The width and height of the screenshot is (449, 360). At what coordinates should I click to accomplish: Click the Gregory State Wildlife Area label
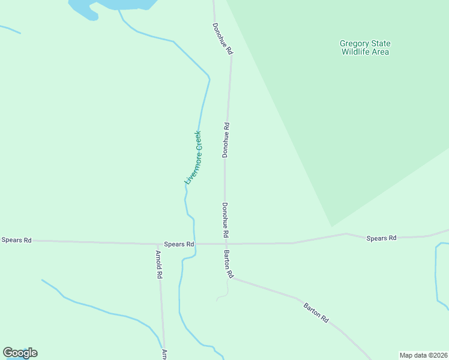365,47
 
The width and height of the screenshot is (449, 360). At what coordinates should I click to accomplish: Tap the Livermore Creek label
193,157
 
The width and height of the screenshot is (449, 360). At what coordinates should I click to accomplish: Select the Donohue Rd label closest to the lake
221,40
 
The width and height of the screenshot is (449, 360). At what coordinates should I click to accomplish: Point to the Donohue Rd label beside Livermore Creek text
226,140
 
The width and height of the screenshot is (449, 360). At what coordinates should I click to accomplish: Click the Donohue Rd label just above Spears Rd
225,219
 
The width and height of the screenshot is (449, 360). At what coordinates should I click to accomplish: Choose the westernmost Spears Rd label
16,240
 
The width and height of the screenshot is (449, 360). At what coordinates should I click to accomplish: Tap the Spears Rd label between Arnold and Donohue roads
179,244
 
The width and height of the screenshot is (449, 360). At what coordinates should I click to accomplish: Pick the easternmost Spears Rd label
381,238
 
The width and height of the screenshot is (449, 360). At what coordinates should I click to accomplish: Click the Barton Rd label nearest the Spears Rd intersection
228,264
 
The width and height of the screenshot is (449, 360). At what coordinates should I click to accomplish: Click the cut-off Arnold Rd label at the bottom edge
164,355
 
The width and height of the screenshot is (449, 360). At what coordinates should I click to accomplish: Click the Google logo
20,353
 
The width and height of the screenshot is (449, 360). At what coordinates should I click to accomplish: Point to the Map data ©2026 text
423,355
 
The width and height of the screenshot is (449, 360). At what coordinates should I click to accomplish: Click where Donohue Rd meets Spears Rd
225,244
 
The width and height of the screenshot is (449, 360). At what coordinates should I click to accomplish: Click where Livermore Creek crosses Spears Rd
194,244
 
